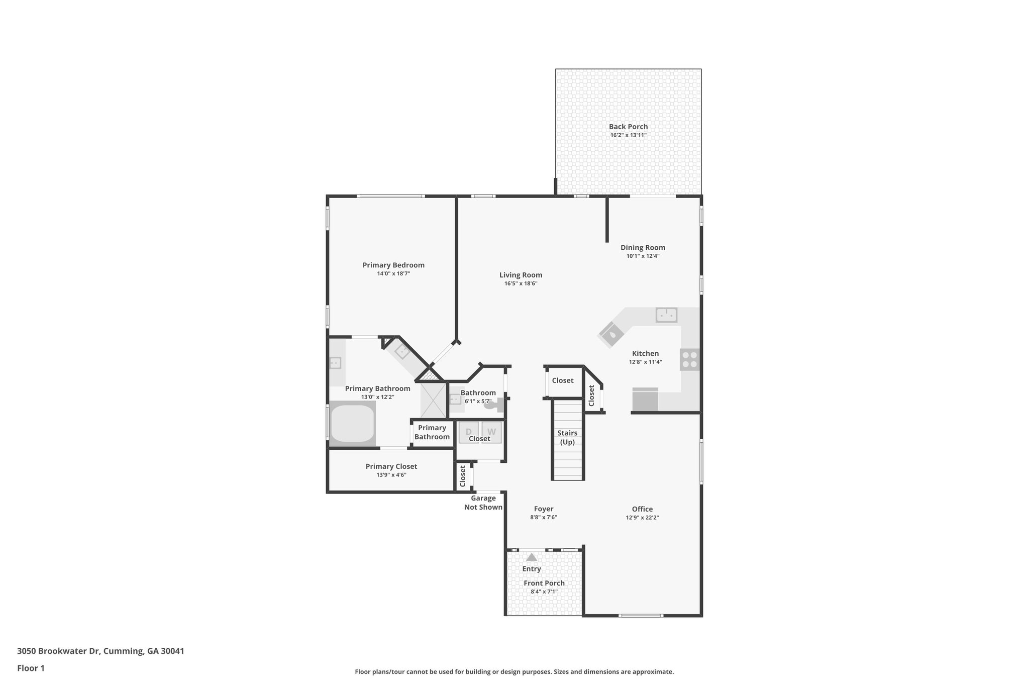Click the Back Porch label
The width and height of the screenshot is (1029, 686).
click(x=628, y=127)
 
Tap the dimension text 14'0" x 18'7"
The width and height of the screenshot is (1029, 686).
click(x=393, y=274)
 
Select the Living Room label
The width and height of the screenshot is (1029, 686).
click(x=521, y=275)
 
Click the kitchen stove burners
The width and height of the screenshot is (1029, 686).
click(x=689, y=360)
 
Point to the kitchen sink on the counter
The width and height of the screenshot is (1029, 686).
click(x=666, y=315)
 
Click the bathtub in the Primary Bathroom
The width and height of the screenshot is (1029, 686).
click(x=353, y=425)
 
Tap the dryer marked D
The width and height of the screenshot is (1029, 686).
click(x=468, y=432)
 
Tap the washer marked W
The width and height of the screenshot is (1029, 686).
click(x=491, y=432)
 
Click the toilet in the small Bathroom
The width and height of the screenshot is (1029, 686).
click(x=492, y=405)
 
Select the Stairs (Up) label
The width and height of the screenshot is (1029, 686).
click(x=567, y=437)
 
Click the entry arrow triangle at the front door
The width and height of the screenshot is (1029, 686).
click(x=531, y=557)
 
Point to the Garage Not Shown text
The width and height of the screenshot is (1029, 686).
click(x=483, y=503)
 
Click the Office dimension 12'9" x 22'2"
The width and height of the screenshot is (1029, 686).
click(x=642, y=518)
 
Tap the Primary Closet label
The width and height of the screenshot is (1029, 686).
click(x=391, y=466)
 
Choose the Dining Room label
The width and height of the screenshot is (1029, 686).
click(x=643, y=247)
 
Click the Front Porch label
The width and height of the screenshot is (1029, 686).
click(x=544, y=583)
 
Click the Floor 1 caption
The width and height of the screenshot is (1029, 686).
click(x=31, y=668)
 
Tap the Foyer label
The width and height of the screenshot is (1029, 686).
click(x=543, y=509)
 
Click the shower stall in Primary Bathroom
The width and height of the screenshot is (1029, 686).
click(x=433, y=400)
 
